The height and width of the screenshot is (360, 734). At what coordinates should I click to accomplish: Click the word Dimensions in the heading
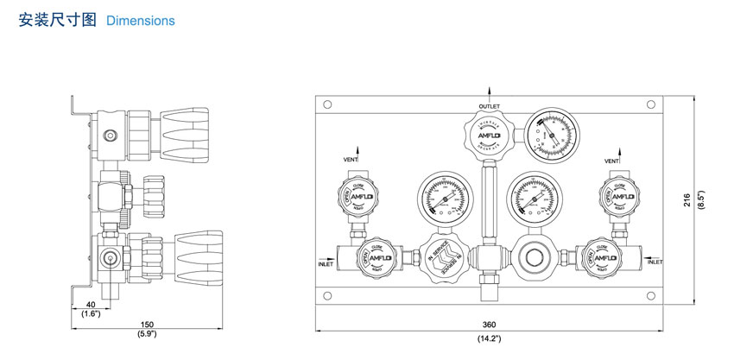[x=140, y=21]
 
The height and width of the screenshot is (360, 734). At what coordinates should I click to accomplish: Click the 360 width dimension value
[x=489, y=324]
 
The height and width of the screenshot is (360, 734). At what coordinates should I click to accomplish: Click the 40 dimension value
[x=92, y=304]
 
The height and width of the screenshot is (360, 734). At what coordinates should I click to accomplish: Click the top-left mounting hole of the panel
[x=326, y=104]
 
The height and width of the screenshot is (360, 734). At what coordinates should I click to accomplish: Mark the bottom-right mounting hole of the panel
[x=650, y=295]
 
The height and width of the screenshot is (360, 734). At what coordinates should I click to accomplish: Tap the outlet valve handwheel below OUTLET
[x=488, y=136]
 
